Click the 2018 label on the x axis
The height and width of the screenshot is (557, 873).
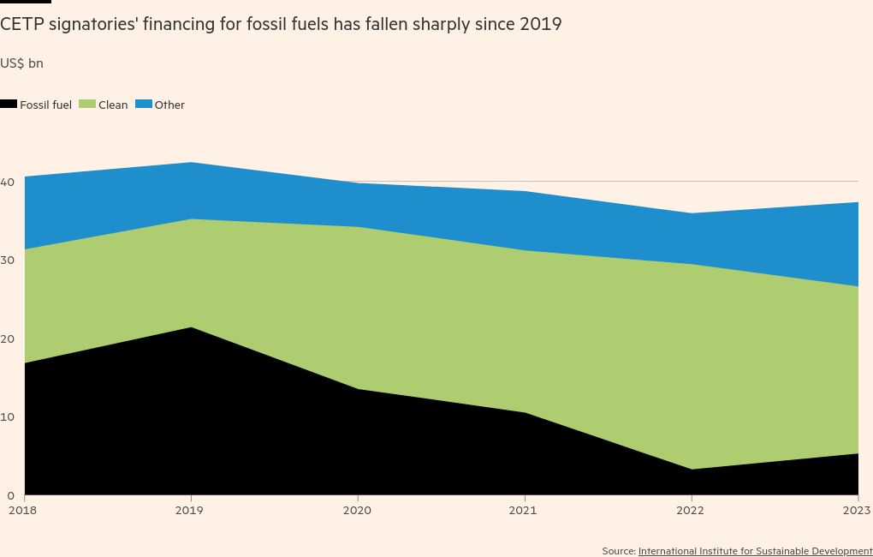(25, 511)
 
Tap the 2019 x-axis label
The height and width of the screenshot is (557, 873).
(190, 511)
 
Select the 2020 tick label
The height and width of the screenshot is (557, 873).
(357, 511)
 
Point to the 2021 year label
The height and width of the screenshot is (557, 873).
(523, 511)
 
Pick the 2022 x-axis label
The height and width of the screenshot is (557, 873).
(690, 511)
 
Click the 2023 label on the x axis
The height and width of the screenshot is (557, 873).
(856, 511)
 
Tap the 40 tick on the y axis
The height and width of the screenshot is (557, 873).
(8, 183)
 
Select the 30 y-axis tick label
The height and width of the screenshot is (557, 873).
(8, 261)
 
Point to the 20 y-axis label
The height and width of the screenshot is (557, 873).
(8, 339)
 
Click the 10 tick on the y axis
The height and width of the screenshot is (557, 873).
(8, 417)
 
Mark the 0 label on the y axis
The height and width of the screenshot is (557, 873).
(10, 496)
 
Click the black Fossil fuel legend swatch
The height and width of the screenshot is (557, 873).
(9, 105)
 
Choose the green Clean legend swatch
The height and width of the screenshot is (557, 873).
(87, 105)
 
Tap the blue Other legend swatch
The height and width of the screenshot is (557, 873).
(144, 105)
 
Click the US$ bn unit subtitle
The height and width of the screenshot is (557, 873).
(21, 63)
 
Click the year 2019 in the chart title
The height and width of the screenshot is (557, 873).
(539, 24)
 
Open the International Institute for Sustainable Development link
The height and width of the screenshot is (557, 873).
(755, 551)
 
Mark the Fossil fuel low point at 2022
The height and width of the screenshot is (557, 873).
(690, 470)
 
